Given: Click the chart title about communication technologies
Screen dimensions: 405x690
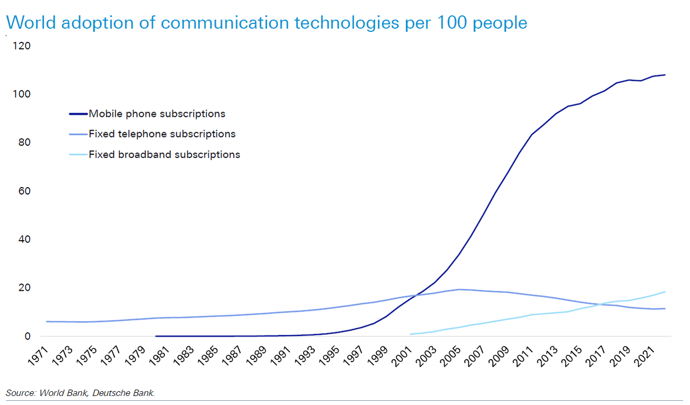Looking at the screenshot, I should click(266, 23).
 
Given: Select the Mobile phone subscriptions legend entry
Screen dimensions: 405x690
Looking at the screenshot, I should click(157, 114).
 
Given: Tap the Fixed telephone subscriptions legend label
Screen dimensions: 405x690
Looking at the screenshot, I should click(162, 134).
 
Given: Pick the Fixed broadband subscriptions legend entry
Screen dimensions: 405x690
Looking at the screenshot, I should click(164, 155).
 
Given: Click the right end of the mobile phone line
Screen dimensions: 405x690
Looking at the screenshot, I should click(665, 75).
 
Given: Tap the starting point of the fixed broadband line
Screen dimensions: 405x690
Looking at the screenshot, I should click(410, 334).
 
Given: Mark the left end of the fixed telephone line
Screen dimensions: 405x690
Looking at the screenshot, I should click(47, 322).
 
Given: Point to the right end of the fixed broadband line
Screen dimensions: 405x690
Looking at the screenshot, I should click(665, 292).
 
